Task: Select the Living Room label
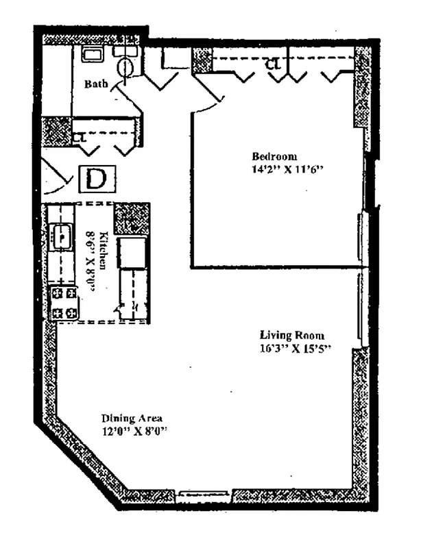point(291,335)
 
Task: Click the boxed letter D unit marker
point(98,179)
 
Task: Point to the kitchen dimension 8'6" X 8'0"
point(91,260)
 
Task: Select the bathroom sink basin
point(91,54)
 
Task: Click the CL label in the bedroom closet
point(273,64)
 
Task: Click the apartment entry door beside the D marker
point(55,177)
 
